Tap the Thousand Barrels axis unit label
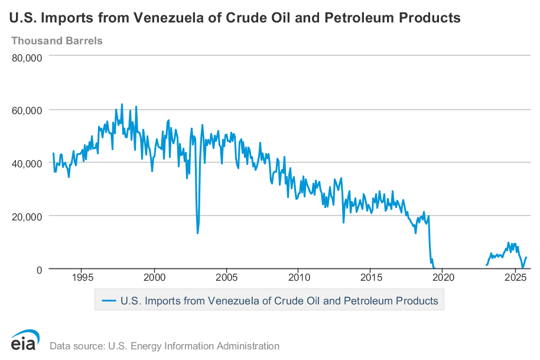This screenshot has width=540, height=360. coord(57,41)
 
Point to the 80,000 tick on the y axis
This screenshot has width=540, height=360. coord(27,57)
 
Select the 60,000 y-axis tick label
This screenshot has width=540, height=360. coord(27,110)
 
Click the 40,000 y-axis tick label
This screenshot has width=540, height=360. coord(27,163)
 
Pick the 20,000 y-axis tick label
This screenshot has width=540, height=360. coord(27,216)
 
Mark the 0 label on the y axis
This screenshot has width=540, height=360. coord(38,270)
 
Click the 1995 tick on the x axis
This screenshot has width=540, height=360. coord(82,277)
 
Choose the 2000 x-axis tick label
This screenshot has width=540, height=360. coord(154,277)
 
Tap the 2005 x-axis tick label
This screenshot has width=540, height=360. coord(226,277)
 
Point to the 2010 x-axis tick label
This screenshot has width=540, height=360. coord(299,277)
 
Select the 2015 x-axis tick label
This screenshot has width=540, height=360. coord(371,277)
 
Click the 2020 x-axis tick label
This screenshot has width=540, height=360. coord(443,277)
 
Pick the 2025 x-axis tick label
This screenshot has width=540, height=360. coord(516,277)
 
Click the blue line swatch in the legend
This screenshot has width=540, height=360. coord(109,300)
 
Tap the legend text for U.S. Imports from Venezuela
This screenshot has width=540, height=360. coord(279,300)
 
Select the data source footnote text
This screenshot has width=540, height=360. coord(164,346)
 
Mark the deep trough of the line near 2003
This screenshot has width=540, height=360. coord(197,233)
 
